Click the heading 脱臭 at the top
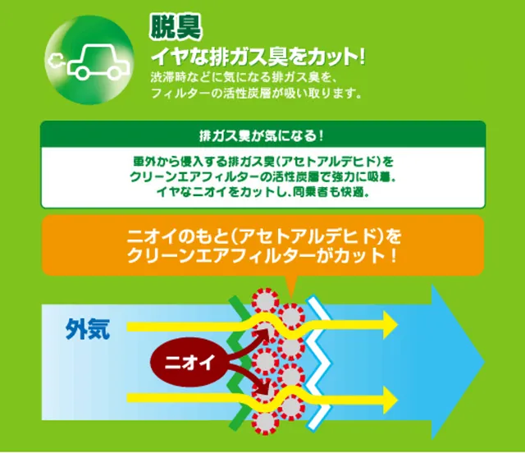(176, 27)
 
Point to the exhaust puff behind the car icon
(56, 61)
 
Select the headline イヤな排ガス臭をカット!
(258, 57)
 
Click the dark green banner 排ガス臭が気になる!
(262, 135)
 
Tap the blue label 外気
(88, 329)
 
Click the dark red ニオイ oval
(189, 363)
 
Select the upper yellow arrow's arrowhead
(390, 324)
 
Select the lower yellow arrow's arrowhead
(390, 400)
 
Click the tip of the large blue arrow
(484, 362)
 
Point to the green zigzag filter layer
(240, 362)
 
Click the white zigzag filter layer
(318, 362)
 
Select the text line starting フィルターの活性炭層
(256, 94)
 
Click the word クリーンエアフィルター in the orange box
(221, 257)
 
